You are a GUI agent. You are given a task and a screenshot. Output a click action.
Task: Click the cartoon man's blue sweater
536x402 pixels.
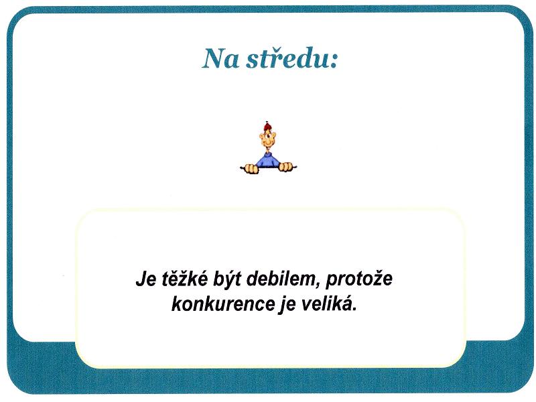[268, 160]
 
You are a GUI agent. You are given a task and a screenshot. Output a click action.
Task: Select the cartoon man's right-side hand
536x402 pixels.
[286, 167]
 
